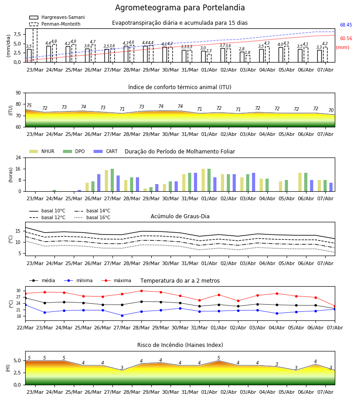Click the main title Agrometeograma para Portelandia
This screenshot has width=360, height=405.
(x=180, y=8)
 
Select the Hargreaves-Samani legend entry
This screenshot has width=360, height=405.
(x=57, y=17)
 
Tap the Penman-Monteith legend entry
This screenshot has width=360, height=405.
(x=55, y=24)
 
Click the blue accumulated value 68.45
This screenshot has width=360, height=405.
(x=346, y=25)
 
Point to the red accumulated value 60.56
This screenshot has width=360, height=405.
(x=346, y=39)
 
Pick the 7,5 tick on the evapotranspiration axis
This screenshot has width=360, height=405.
(x=17, y=34)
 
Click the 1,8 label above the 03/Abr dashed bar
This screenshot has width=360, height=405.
(x=247, y=53)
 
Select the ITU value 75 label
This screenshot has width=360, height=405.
(x=29, y=105)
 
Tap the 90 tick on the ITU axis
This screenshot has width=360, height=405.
(x=18, y=93)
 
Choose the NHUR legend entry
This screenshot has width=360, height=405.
(x=42, y=151)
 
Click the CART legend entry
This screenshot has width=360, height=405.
(x=106, y=151)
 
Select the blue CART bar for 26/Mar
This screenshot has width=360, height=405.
(x=99, y=183)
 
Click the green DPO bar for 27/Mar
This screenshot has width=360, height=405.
(x=112, y=180)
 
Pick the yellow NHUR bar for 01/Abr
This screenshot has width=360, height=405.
(x=203, y=180)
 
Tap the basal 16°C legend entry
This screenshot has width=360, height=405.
(x=92, y=217)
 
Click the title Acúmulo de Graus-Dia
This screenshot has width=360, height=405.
(x=180, y=216)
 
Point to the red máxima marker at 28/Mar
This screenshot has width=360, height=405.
(x=141, y=291)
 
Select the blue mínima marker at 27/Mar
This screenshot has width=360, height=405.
(x=122, y=315)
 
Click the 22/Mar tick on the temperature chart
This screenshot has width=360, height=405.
(x=25, y=328)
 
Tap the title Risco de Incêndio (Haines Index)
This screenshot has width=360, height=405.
(x=180, y=345)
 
